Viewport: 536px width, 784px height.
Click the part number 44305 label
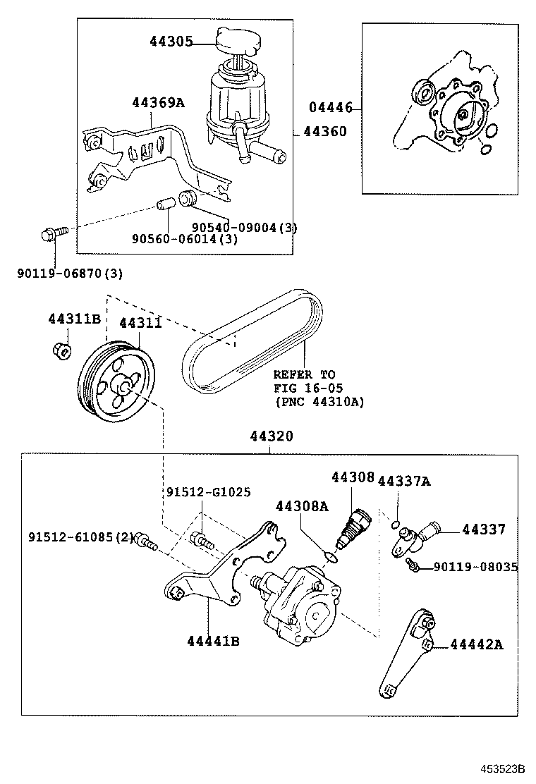171,42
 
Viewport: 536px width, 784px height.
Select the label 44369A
158,103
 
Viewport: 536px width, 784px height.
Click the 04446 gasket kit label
330,108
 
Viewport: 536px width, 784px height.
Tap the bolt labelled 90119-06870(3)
53,233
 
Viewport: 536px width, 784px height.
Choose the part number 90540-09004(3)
245,227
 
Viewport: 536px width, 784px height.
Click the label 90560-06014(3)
184,239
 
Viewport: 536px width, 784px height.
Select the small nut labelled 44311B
61,348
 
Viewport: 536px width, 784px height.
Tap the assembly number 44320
271,436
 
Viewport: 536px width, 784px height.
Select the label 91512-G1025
209,491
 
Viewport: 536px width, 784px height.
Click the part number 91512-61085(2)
81,537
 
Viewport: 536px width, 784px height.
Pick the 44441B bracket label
214,641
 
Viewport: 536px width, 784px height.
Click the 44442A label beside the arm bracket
476,644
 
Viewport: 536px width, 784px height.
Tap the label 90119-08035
475,566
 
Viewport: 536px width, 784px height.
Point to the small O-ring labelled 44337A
398,522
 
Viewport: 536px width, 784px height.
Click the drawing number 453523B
504,768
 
